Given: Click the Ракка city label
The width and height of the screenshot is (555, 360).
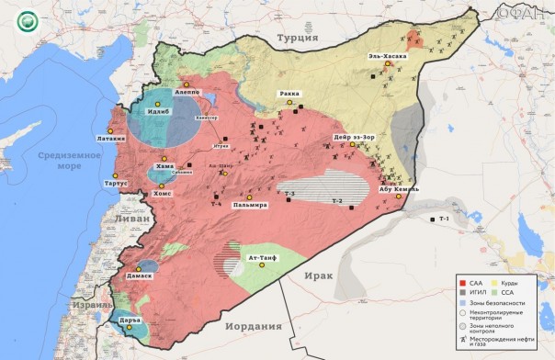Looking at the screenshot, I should coord(291,95).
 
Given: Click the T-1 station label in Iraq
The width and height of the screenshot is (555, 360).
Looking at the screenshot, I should coord(445,219).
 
